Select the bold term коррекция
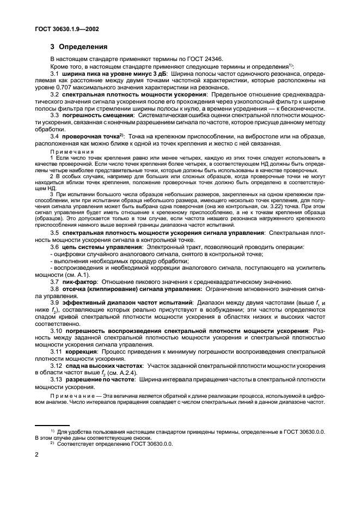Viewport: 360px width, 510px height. coord(83,351)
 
